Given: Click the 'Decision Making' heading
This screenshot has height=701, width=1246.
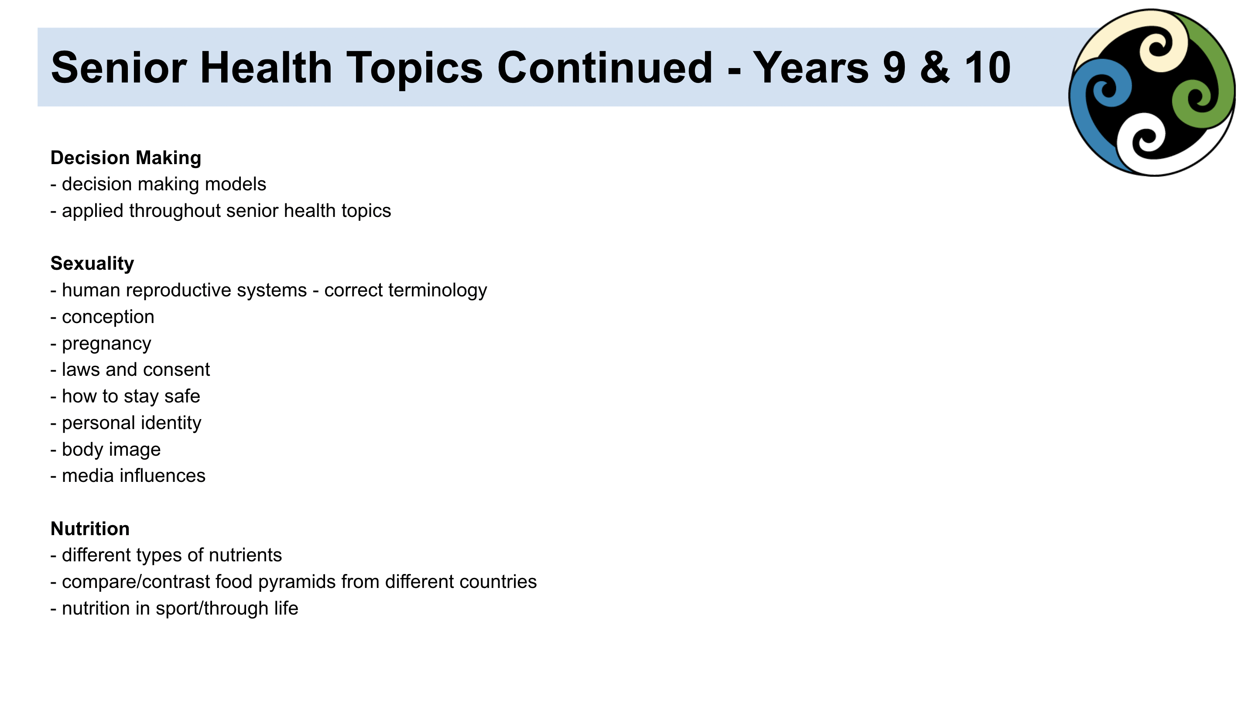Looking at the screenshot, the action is click(x=126, y=158).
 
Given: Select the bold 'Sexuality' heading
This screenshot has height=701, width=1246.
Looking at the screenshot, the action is click(x=92, y=264).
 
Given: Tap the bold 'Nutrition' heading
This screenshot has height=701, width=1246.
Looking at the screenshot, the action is click(x=90, y=529).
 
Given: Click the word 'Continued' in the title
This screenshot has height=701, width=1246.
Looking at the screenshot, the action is click(x=605, y=68).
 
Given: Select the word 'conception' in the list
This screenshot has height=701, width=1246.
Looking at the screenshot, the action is click(x=108, y=317).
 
